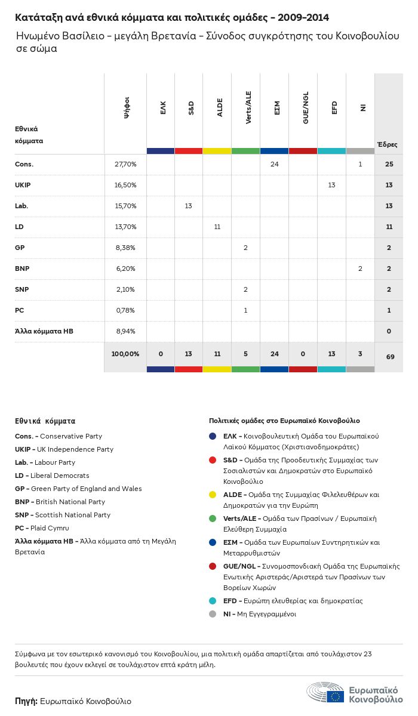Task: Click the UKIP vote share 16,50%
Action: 125,185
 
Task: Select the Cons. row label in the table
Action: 24,164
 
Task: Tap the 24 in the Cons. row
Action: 275,164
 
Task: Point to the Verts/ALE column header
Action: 248,107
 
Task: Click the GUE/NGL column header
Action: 305,108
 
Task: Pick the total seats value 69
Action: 390,357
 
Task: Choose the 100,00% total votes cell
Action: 125,354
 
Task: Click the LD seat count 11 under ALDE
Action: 217,227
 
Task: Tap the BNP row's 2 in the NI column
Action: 360,268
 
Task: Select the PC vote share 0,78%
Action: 125,310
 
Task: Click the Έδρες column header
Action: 388,144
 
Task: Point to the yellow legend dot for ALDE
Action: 213,495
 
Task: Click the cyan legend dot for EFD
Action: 213,601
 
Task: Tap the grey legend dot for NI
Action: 213,614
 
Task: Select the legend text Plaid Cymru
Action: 50,528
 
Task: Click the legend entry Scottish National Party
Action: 73,515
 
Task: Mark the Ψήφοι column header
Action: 127,107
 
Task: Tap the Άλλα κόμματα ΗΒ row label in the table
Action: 44,331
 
